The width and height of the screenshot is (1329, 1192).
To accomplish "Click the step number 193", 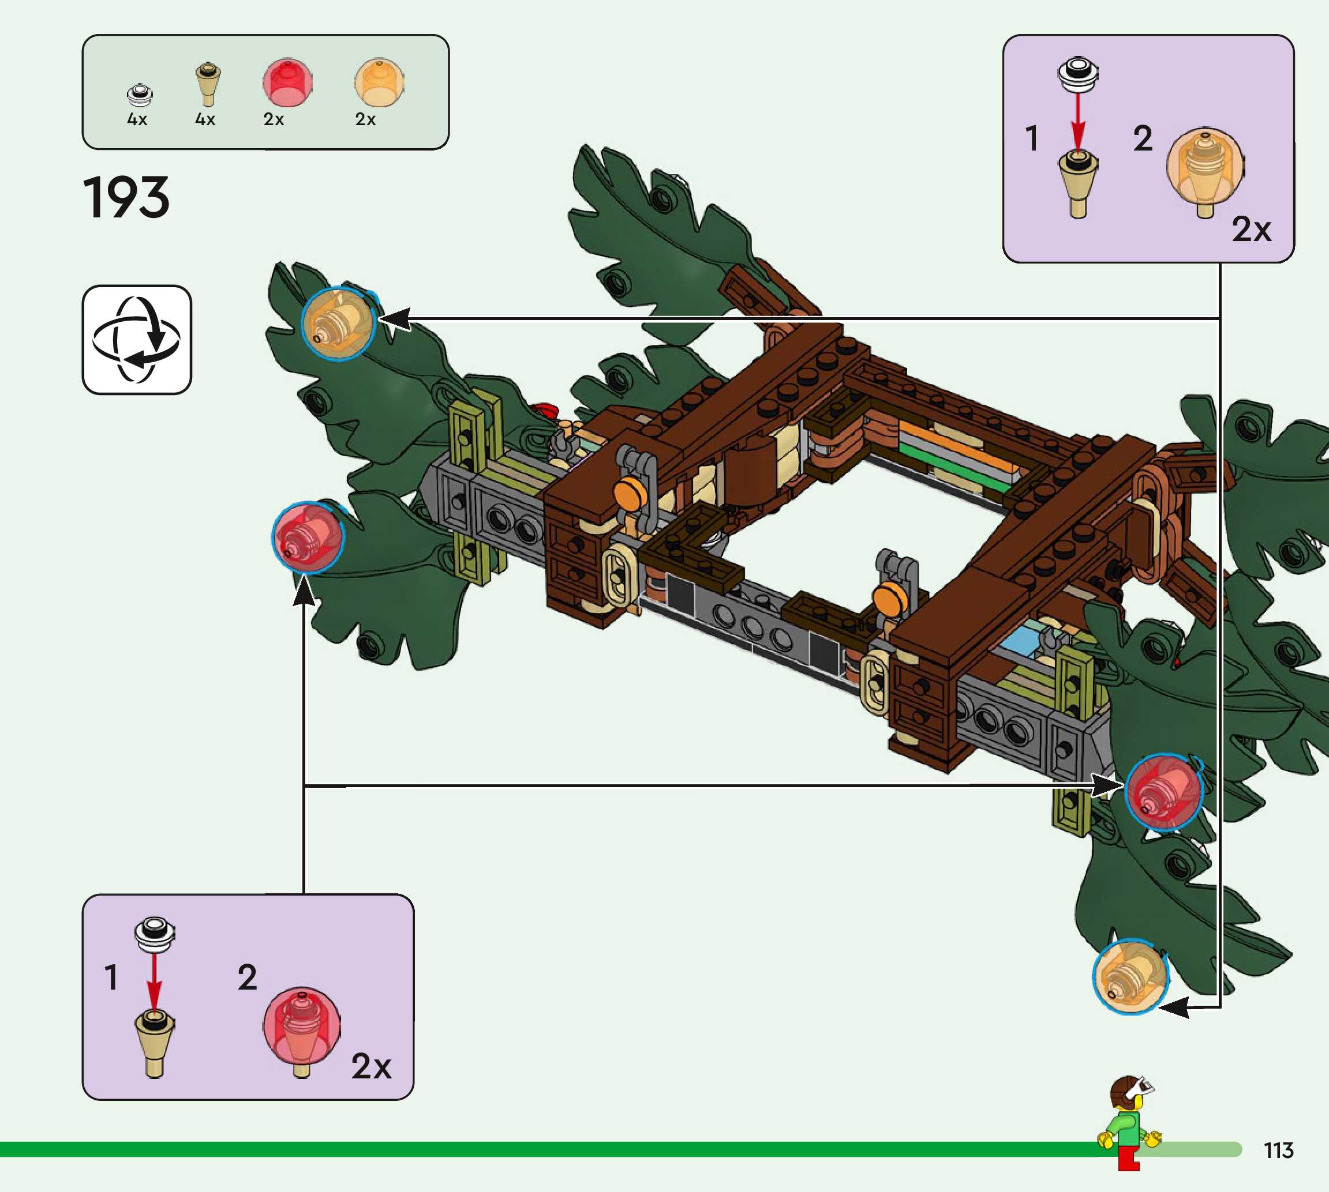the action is (x=126, y=197).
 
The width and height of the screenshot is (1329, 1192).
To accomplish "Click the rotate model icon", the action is (x=136, y=339).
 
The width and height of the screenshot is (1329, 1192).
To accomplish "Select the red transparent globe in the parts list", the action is (x=287, y=82).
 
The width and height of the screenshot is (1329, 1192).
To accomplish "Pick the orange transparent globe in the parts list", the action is (x=379, y=82).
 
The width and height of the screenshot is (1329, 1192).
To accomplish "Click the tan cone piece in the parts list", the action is (x=208, y=84).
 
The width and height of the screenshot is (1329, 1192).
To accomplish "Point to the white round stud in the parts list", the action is (x=140, y=95).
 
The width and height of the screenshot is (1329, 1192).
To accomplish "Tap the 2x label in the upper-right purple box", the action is (x=1251, y=230).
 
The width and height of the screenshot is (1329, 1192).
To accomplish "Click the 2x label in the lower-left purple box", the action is (x=371, y=1066).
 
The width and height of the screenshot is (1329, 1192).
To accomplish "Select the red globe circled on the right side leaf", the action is (x=1164, y=792).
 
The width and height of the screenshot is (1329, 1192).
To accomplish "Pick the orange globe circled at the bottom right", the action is (x=1130, y=976).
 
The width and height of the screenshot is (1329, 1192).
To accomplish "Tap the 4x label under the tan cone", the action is (x=205, y=119).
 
